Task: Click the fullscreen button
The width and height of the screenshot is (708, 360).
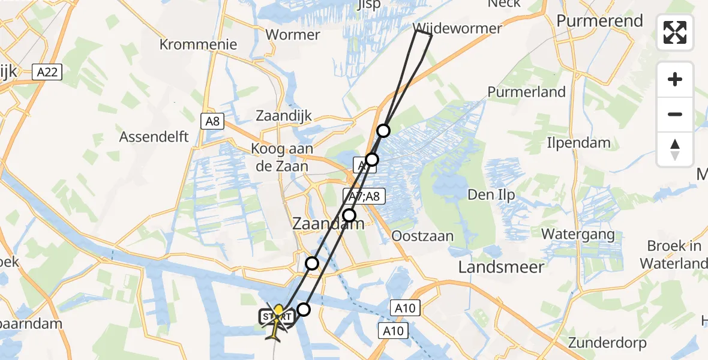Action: (675, 32)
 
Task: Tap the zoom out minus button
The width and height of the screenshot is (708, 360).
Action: (675, 114)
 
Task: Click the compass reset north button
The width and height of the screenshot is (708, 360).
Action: (675, 149)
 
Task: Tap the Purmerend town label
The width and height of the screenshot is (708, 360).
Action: (599, 21)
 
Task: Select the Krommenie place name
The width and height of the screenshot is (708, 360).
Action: (199, 44)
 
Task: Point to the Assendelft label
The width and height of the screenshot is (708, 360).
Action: (154, 137)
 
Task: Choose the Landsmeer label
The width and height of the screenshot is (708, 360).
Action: (501, 267)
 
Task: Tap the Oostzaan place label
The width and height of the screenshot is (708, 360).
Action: (422, 236)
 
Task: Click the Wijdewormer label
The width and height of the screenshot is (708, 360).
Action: (458, 28)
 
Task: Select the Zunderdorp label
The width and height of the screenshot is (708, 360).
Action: (608, 343)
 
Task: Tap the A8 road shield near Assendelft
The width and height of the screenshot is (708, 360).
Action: (212, 122)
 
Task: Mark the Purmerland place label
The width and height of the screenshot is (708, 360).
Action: (526, 92)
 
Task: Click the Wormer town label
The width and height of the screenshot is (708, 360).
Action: (292, 35)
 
